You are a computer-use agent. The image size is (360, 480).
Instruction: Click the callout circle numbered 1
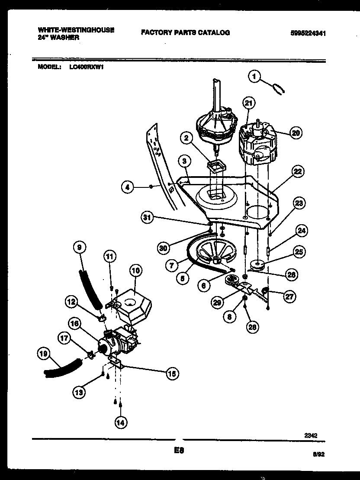pyautogui.click(x=255, y=77)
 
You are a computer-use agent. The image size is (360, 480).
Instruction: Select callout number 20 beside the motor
pyautogui.click(x=296, y=133)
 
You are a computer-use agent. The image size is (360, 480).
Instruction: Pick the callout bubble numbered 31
pyautogui.click(x=148, y=217)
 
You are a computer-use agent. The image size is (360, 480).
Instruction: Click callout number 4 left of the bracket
pyautogui.click(x=127, y=187)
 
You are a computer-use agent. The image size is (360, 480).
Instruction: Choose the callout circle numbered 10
pyautogui.click(x=135, y=271)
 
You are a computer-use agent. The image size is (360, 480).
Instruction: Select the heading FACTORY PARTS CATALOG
pyautogui.click(x=185, y=32)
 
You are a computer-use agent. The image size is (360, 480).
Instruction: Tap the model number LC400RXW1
pyautogui.click(x=87, y=67)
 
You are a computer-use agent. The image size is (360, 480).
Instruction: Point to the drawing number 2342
pyautogui.click(x=311, y=436)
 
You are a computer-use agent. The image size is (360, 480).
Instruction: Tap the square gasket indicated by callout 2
pyautogui.click(x=215, y=165)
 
